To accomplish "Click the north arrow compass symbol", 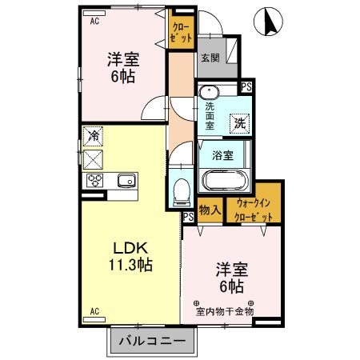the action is [268, 22].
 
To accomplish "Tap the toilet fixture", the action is [182, 192].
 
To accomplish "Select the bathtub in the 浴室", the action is [225, 180].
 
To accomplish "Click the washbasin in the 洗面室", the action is [210, 93].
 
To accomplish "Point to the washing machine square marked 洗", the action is [240, 123].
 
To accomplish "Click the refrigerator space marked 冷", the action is [93, 136].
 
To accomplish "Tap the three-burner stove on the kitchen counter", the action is [94, 181].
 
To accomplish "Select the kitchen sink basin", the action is [127, 181].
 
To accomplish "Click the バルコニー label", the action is [152, 341].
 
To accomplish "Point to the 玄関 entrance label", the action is [210, 58].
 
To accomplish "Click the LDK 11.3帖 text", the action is [130, 257].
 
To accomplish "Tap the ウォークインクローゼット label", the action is [254, 210].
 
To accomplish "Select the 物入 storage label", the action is [210, 210].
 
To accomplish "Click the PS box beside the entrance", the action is [246, 86].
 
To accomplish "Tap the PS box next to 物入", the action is [189, 217].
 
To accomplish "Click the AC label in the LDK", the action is [94, 311].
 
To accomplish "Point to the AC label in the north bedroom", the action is [94, 21].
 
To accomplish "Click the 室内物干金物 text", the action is [225, 311].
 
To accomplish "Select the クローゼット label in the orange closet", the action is [181, 33].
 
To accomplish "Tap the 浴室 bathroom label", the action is [223, 155].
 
